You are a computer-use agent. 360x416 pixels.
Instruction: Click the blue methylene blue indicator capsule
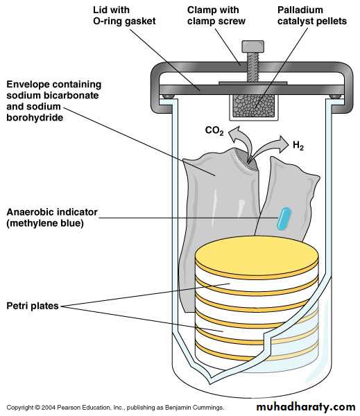[x=284, y=218]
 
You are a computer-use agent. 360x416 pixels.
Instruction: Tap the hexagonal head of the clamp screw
[x=252, y=46]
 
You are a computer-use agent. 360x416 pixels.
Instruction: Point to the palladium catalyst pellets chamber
[x=254, y=106]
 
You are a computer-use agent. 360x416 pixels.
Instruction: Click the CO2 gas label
[x=214, y=130]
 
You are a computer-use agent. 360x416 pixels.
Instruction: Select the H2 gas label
[x=298, y=146]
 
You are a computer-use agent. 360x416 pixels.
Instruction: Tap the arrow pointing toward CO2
[x=240, y=141]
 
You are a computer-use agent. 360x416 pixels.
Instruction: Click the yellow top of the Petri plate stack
[x=257, y=254]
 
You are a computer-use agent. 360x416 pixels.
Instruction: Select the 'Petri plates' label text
[x=33, y=306]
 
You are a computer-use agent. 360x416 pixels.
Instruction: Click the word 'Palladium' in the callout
[x=300, y=10]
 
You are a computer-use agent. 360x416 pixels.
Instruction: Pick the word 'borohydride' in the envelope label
[x=35, y=118]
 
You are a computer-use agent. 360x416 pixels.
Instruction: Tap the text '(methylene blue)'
[x=45, y=223]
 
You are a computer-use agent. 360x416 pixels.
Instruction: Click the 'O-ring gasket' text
[x=124, y=21]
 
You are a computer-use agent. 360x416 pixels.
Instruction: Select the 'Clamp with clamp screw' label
[x=216, y=16]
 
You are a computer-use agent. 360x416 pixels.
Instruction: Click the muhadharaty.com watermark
[x=306, y=407]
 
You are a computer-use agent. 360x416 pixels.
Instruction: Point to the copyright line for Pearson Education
[x=115, y=407]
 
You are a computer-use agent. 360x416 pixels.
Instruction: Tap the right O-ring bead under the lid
[x=335, y=96]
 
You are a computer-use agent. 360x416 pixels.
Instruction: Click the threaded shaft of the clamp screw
[x=252, y=67]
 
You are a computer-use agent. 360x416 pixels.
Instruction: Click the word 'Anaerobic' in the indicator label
[x=31, y=212]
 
